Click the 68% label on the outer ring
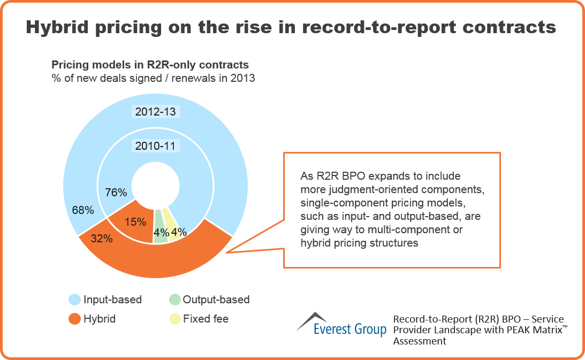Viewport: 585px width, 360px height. [x=83, y=210]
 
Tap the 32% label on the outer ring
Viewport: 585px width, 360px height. [x=101, y=239]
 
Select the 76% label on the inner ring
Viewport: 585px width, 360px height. [x=116, y=192]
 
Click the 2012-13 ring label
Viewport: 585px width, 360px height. [x=155, y=112]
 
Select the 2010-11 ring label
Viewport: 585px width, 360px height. [x=155, y=145]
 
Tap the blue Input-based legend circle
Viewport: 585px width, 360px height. [x=75, y=300]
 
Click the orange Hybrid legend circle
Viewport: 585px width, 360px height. [x=75, y=319]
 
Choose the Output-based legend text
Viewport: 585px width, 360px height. [x=216, y=300]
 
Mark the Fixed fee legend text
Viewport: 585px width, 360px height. [x=206, y=319]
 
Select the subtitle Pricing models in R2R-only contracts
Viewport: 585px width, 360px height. [x=150, y=65]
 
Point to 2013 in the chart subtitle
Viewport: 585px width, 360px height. [x=243, y=78]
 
